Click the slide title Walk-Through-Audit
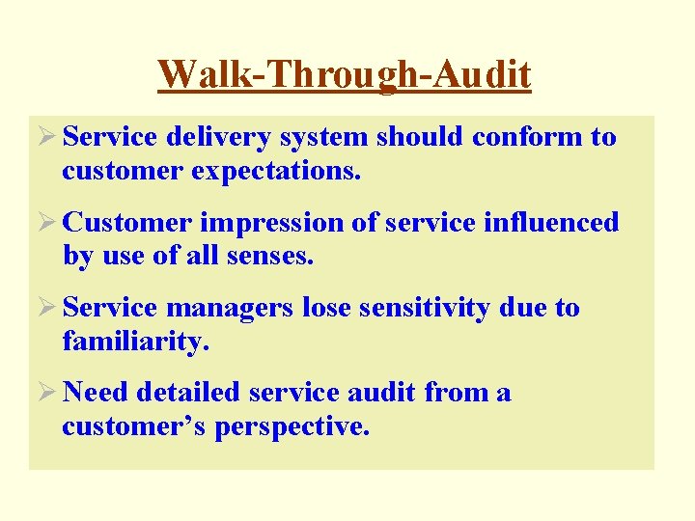click(345, 74)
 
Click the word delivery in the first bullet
click(218, 138)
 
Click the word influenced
click(547, 223)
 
